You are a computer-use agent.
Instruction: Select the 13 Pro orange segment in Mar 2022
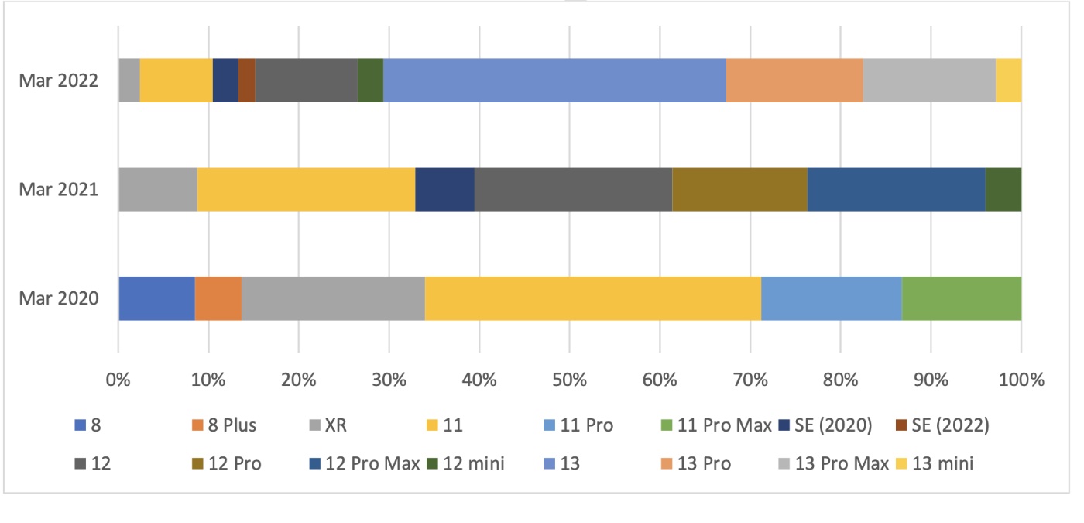[794, 80]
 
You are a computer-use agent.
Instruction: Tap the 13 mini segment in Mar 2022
[1008, 80]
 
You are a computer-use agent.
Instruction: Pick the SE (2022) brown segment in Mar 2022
[246, 80]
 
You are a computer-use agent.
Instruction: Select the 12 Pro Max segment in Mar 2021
[896, 189]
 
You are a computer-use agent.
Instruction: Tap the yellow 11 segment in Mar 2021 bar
[306, 189]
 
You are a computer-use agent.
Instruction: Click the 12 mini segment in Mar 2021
[1003, 189]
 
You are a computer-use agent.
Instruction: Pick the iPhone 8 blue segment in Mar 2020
[156, 298]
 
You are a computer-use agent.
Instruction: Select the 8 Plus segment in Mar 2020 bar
[218, 298]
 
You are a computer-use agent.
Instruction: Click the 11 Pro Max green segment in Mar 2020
[961, 298]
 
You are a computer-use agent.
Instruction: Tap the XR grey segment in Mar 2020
[333, 298]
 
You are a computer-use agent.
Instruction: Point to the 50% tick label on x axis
[569, 380]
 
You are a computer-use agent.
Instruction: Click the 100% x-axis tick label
[1021, 380]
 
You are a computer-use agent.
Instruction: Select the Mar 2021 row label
[60, 189]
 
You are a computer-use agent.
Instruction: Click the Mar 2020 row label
[60, 298]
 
